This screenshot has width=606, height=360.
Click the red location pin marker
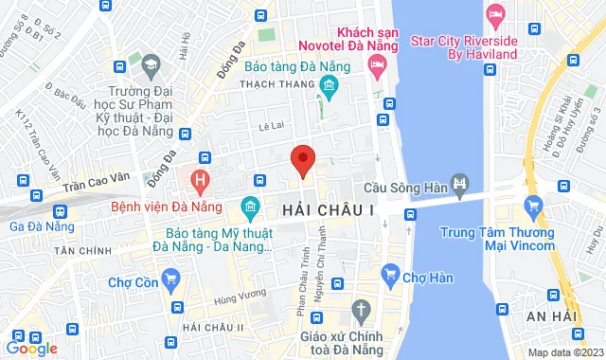[x=302, y=159]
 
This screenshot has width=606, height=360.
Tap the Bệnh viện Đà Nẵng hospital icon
[x=199, y=178]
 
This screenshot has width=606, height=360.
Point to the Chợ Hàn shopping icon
[x=389, y=276]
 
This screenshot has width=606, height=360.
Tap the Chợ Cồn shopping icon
[x=170, y=279]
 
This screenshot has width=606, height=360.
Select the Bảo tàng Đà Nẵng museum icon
[x=329, y=89]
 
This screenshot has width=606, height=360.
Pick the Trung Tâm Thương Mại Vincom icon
[x=533, y=205]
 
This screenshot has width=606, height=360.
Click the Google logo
[x=31, y=348]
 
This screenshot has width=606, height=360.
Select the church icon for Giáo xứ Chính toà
[x=360, y=310]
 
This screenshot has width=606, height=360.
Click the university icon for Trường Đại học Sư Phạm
[x=151, y=64]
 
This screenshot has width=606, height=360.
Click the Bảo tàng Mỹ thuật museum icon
[x=250, y=207]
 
